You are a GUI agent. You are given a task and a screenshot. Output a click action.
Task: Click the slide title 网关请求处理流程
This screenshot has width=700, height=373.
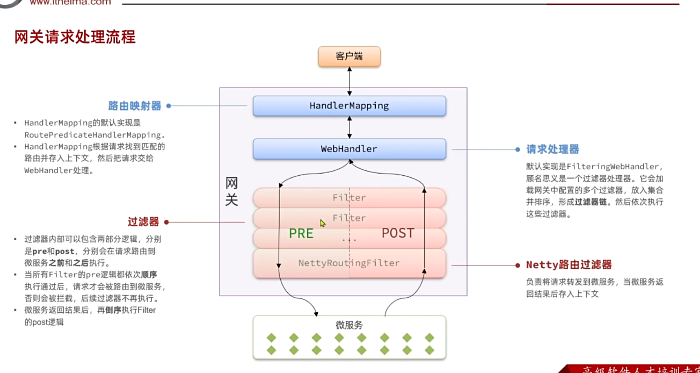(x=75, y=37)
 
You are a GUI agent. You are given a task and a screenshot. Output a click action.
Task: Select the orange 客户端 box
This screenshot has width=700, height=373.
(x=349, y=56)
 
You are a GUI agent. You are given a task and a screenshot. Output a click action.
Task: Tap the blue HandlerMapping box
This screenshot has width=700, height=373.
(x=349, y=106)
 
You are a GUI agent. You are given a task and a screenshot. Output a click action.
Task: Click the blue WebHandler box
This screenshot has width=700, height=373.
(x=349, y=149)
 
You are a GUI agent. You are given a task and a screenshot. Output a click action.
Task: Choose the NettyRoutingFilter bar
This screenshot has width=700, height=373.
(x=349, y=263)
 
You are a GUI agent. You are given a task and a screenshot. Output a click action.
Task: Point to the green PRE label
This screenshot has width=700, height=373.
(x=301, y=233)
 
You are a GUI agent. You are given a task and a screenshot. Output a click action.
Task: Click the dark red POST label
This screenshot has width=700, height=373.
(x=398, y=233)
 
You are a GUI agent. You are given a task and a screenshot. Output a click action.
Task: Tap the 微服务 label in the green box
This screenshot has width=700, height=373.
(x=349, y=325)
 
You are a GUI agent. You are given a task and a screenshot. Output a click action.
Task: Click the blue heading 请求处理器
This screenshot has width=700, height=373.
(x=553, y=149)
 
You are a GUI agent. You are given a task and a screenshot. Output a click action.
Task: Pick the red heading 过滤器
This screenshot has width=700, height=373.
(x=143, y=221)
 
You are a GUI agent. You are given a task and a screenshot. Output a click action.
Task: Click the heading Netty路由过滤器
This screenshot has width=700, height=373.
(x=569, y=265)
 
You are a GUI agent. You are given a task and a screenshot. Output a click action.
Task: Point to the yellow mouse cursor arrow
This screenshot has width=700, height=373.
(x=323, y=223)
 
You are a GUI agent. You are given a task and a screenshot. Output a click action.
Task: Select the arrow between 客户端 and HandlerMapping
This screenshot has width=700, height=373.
(x=349, y=81)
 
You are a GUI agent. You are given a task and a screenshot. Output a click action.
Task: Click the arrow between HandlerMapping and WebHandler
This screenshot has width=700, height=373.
(x=349, y=127)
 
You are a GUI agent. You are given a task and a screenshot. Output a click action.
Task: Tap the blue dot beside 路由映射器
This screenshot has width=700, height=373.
(x=169, y=106)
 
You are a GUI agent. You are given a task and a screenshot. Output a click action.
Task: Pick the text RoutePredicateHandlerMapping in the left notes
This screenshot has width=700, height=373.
(x=92, y=135)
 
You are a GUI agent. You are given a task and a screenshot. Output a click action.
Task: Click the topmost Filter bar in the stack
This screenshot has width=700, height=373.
(x=349, y=198)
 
